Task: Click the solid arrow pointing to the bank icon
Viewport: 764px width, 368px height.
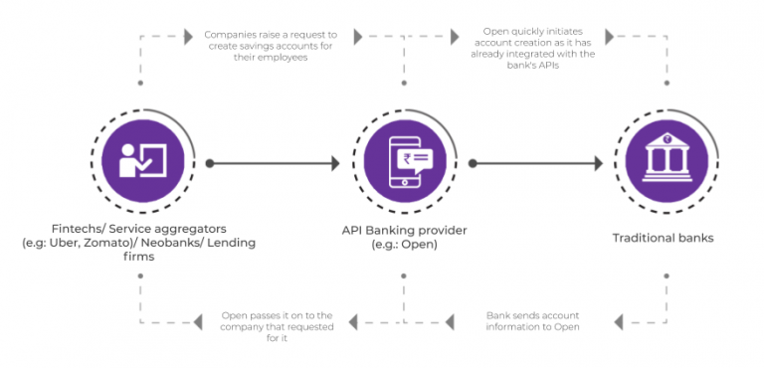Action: click(537, 161)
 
